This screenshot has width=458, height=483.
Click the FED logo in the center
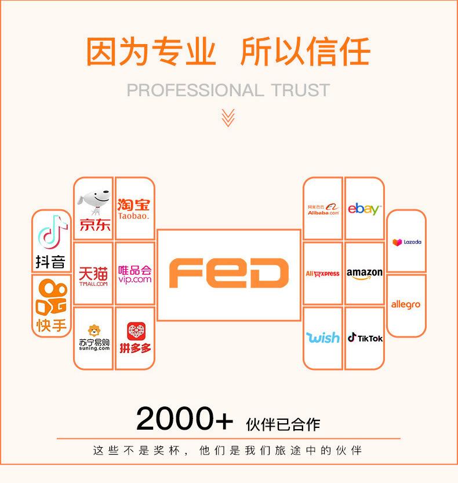point(228,274)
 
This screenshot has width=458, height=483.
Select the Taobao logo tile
point(134,209)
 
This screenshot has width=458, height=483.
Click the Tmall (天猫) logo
point(93,274)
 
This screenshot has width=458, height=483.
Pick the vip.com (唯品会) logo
point(135,274)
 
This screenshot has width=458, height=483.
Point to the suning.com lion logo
point(94,338)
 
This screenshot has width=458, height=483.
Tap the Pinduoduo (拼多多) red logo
point(135,338)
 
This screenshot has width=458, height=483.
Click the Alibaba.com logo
point(323,209)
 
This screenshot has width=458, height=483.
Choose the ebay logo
point(364,209)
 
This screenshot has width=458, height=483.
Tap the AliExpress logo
point(323,274)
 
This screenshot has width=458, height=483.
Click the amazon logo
point(365,273)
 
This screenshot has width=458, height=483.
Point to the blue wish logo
point(323,337)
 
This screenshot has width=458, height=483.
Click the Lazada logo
point(406,242)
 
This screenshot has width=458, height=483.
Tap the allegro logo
point(406,304)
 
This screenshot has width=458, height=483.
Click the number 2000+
point(184,419)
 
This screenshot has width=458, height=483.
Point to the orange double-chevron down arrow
point(228,117)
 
